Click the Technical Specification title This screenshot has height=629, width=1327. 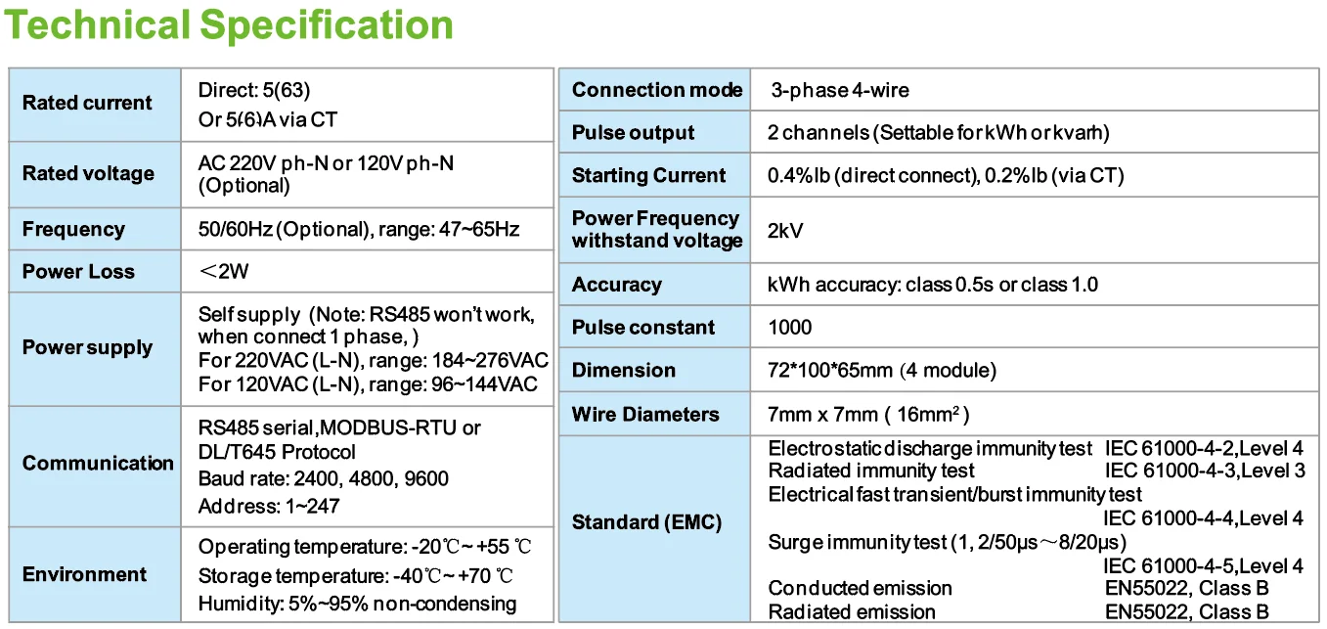point(230,24)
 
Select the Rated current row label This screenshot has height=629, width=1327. point(87,103)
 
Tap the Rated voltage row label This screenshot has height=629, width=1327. point(88,173)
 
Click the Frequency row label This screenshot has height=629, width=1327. point(73,229)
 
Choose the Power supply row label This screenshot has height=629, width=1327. point(87,347)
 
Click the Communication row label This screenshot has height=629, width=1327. point(98,463)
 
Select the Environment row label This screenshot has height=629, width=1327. point(84,574)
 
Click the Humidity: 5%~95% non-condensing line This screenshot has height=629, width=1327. point(357,603)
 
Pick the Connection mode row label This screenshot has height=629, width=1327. point(657,90)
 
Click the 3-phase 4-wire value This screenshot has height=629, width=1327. point(839,90)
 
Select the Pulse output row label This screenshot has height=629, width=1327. point(633,133)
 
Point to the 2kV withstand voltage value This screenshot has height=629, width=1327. point(785,231)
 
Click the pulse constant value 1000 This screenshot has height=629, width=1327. point(790,327)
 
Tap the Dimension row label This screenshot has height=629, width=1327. point(623,370)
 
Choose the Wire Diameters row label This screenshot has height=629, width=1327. point(645,414)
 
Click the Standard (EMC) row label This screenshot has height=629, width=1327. point(646,522)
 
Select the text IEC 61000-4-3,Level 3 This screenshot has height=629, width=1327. point(1205,471)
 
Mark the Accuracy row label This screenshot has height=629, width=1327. point(616,285)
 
